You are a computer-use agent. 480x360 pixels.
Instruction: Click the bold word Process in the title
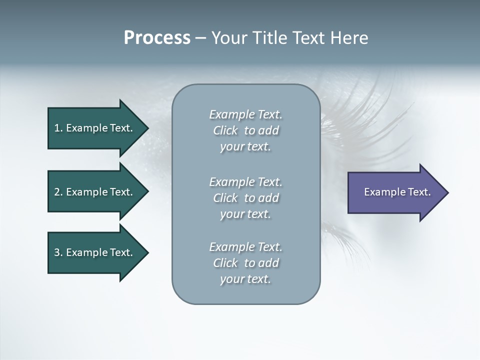click(x=157, y=38)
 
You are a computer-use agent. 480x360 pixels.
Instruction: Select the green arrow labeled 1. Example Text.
click(x=95, y=128)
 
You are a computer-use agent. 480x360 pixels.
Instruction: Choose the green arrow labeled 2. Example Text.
click(x=95, y=192)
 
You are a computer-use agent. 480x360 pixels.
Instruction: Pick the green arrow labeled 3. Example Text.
click(x=95, y=252)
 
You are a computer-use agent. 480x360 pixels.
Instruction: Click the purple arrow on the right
click(x=395, y=192)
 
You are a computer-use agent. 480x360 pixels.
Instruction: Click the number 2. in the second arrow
click(x=58, y=192)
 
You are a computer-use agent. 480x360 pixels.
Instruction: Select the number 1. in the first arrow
click(x=58, y=128)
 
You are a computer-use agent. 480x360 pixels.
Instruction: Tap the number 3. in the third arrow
click(x=58, y=252)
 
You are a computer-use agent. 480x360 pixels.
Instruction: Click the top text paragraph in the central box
click(x=245, y=130)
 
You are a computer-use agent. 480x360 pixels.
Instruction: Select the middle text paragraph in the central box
click(x=245, y=198)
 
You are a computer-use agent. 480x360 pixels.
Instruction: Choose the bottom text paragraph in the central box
click(x=245, y=263)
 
